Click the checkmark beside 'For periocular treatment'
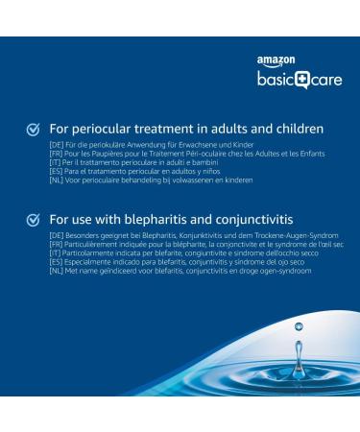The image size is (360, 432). (34, 129)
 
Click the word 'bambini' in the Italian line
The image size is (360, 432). (202, 162)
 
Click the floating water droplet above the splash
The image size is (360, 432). (299, 327)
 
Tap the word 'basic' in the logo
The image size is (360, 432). (274, 80)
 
